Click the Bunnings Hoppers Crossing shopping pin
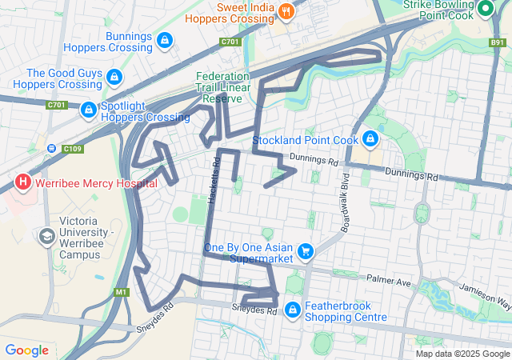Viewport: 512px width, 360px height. click(x=164, y=39)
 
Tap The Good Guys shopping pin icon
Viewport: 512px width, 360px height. click(x=114, y=77)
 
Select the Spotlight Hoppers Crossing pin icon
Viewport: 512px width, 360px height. click(x=90, y=107)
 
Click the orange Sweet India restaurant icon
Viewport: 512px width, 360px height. click(x=286, y=10)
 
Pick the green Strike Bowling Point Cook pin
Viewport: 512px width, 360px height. click(x=486, y=10)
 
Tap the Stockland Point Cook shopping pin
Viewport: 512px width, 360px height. click(x=370, y=139)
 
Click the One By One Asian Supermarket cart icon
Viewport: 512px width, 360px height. click(x=305, y=252)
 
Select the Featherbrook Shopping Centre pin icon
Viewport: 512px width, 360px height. click(x=293, y=309)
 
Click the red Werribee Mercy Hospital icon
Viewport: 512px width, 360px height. click(x=23, y=182)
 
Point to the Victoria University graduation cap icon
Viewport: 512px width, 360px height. click(x=46, y=237)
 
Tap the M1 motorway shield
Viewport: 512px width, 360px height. click(x=121, y=292)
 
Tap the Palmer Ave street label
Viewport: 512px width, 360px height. click(x=388, y=282)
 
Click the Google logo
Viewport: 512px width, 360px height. click(x=26, y=350)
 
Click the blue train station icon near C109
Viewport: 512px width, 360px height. click(x=52, y=148)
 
